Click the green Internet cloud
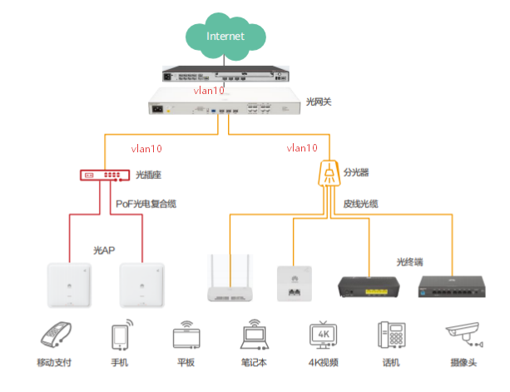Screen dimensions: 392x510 point(225,36)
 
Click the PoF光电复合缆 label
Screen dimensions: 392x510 point(146,203)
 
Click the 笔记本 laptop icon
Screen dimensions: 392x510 point(254,336)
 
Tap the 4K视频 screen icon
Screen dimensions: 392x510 point(323,336)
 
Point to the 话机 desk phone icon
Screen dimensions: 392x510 point(389,336)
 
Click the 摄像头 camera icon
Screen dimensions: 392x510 point(463,336)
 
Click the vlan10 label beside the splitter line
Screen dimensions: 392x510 point(302,148)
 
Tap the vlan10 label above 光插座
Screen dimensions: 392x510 point(147,149)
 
